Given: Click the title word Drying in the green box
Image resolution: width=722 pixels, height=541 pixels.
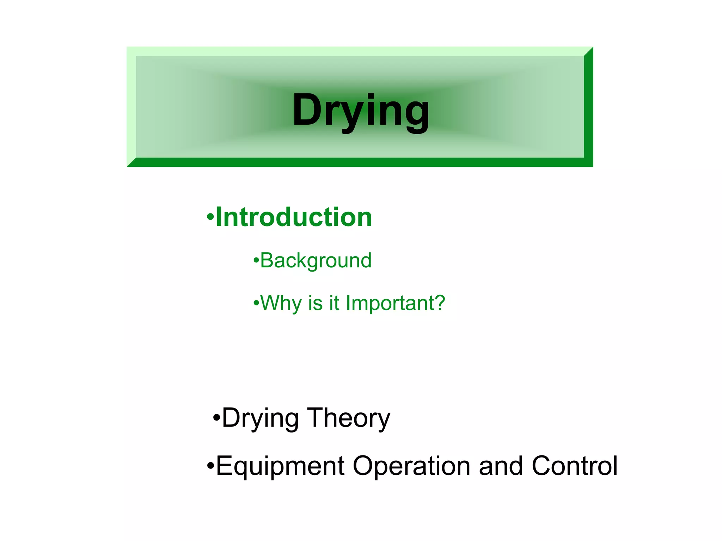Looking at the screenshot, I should point(361,110).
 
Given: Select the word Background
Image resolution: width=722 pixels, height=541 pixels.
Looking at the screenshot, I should point(316,261).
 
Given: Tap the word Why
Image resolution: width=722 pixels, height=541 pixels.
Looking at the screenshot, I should point(280,303).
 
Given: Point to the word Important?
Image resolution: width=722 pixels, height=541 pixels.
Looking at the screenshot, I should point(395,303).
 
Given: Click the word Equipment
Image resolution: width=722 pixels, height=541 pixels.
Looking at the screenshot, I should point(280,466).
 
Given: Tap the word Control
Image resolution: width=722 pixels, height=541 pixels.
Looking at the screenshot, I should point(574,466).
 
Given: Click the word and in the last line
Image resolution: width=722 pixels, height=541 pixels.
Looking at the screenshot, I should point(501,466).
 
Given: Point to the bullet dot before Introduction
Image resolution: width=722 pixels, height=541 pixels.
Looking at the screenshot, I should point(210,216).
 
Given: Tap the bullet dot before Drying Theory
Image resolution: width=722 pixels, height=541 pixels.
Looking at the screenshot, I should point(216,418).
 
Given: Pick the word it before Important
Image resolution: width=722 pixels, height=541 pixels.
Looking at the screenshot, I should point(334,303).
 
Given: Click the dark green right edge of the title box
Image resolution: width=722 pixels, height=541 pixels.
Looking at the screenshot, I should point(588,106).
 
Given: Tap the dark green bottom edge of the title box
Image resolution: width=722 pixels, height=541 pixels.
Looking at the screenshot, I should point(360,162).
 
